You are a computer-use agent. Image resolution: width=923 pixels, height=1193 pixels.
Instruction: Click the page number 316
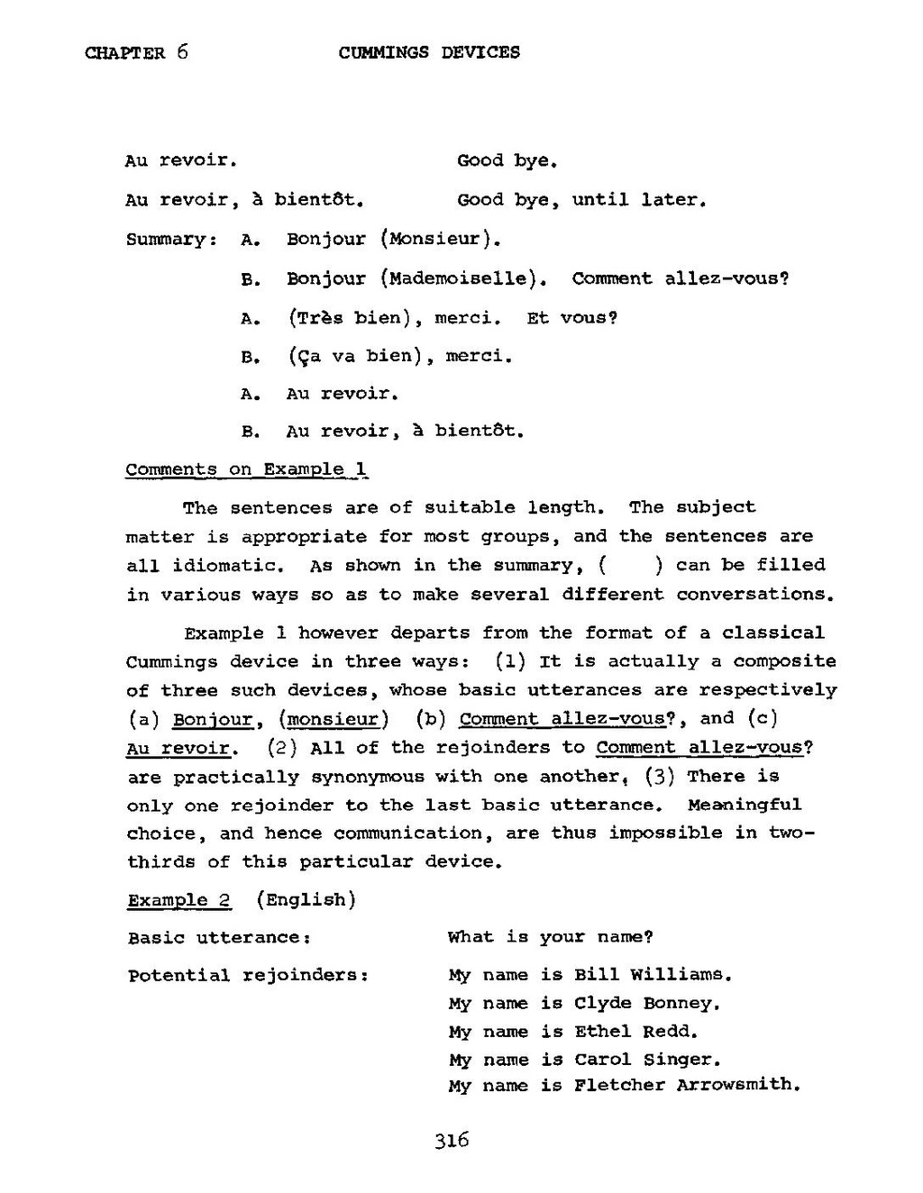pyautogui.click(x=452, y=1141)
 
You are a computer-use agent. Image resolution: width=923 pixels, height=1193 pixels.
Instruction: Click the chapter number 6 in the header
pyautogui.click(x=182, y=51)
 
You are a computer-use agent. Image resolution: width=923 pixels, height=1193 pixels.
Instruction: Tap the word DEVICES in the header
pyautogui.click(x=480, y=52)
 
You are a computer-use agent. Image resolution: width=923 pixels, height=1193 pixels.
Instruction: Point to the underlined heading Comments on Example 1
pyautogui.click(x=246, y=469)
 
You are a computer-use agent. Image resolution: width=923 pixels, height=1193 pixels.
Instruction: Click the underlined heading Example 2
pyautogui.click(x=179, y=900)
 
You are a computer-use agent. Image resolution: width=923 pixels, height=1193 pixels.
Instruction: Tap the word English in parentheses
pyautogui.click(x=306, y=900)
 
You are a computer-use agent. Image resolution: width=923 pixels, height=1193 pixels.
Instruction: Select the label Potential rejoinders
pyautogui.click(x=248, y=976)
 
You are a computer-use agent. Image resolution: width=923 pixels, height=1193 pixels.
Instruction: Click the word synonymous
pyautogui.click(x=367, y=777)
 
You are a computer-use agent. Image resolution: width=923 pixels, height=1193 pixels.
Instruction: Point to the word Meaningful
pyautogui.click(x=744, y=805)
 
